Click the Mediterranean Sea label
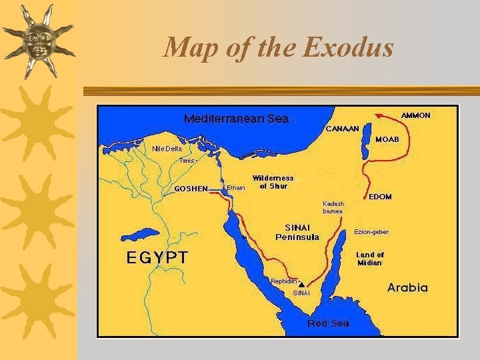coord(236,119)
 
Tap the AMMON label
coord(415,115)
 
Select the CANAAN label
coord(343,128)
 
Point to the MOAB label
coord(387,139)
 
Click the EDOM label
coord(380,197)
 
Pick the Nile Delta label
coord(167,149)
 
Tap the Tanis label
coord(187,160)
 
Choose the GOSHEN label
coord(191,188)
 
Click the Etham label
coord(236,188)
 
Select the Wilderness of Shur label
coord(273,182)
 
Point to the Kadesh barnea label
coord(333,207)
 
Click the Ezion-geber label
coord(371,232)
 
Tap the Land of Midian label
coord(370,259)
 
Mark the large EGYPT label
coord(157,257)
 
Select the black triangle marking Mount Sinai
coord(301,284)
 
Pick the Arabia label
coord(407,288)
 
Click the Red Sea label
coord(328,323)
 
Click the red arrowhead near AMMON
coord(377,115)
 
